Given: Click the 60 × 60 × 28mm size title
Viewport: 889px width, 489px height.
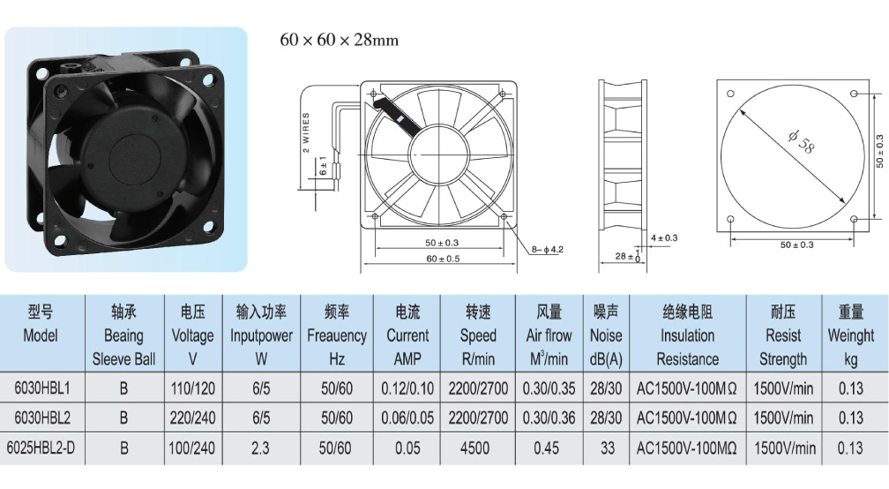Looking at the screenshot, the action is point(339,40).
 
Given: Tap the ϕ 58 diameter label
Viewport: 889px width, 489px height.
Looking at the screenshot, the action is point(802,142).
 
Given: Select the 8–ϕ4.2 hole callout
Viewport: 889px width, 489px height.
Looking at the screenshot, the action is point(547,249).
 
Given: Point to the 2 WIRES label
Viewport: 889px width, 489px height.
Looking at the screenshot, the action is point(306,132).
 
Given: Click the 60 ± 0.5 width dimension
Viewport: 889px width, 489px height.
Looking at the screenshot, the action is point(443,259).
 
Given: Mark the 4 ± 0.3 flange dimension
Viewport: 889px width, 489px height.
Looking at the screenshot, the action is point(664,237).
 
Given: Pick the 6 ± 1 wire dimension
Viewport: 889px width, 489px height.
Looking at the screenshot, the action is point(323,166).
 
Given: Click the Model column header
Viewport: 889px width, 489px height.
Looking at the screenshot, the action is point(41,323).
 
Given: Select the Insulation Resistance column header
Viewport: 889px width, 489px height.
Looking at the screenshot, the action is point(687,335).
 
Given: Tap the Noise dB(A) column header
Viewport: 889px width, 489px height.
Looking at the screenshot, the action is point(606,335).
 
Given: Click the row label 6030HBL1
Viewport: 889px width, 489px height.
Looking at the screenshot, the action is point(42,388).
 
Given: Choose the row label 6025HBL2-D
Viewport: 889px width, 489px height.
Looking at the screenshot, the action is point(41,448).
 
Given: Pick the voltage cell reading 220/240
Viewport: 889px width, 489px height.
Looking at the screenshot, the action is point(192,418).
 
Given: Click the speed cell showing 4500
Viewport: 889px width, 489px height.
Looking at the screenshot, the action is point(475,448).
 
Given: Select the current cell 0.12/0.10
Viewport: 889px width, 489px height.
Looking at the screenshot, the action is point(407,388).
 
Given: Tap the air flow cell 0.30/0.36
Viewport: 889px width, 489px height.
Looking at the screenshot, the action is point(549,418).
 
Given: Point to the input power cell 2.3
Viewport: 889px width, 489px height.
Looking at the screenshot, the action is point(260,448).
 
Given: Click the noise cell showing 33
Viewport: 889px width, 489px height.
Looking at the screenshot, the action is point(607,448).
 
